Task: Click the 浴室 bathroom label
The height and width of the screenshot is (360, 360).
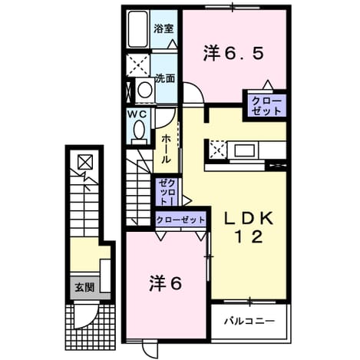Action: tap(163, 28)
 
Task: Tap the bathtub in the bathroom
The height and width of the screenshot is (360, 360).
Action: tap(138, 29)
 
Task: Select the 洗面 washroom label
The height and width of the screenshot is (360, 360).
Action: tap(165, 78)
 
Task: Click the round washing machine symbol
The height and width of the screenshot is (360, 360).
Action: tap(145, 90)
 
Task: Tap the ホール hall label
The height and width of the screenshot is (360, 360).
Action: tap(166, 149)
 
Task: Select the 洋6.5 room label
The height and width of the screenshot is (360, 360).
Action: tap(233, 53)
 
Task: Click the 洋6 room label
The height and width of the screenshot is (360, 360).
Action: tap(166, 283)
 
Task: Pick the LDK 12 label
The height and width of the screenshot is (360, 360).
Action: tap(249, 227)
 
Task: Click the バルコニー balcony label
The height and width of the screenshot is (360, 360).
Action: tap(249, 321)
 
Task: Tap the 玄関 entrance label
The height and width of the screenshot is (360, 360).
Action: tap(84, 288)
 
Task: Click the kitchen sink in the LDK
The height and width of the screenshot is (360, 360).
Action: tap(244, 150)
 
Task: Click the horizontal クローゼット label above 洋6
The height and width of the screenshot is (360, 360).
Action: tap(180, 220)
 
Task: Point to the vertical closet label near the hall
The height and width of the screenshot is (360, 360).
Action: tap(168, 191)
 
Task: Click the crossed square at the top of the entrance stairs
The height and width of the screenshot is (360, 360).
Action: tap(85, 162)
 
